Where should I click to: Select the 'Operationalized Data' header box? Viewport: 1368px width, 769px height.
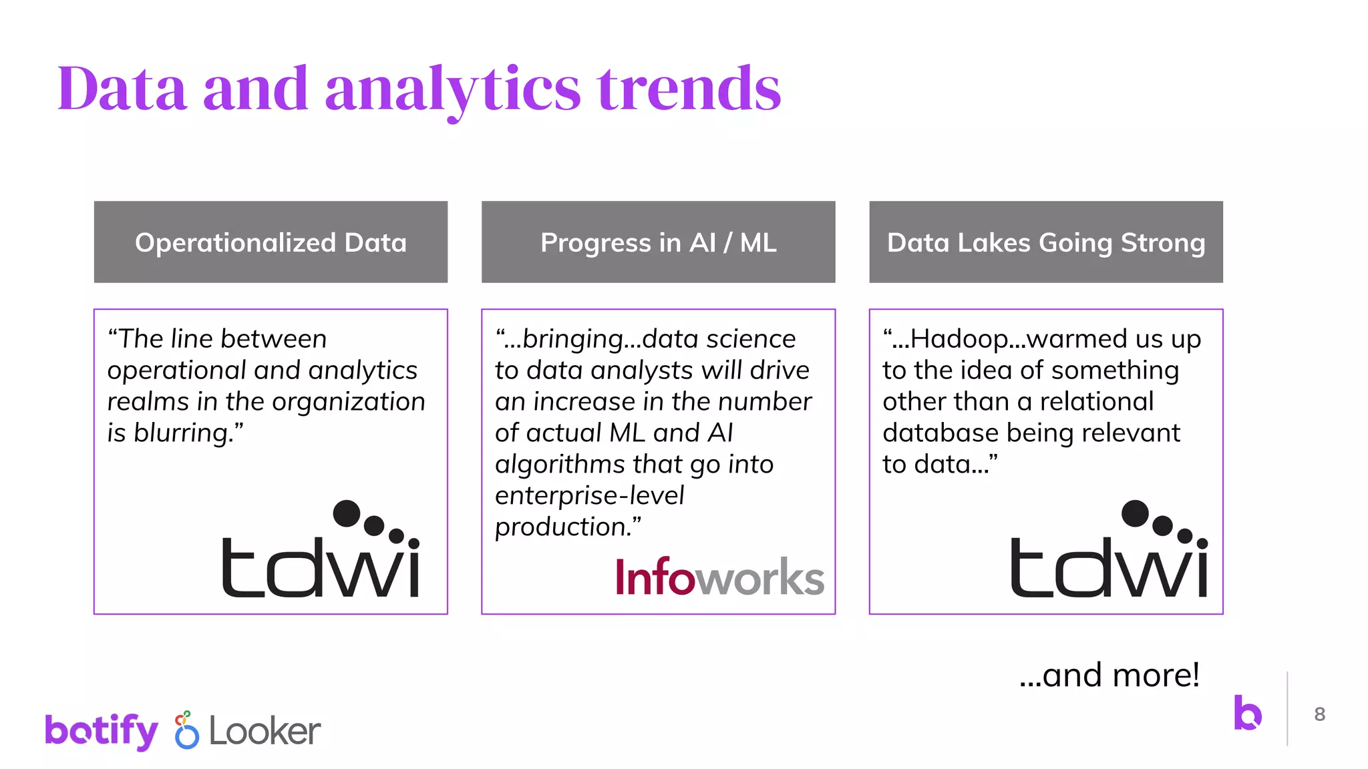271,242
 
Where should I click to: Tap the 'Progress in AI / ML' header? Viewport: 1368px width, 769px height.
658,242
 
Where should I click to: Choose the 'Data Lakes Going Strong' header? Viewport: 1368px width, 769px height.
1045,242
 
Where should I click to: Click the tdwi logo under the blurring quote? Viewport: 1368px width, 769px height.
321,551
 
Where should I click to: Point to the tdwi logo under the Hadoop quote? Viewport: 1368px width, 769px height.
1109,551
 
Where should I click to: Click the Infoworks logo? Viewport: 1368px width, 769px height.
719,577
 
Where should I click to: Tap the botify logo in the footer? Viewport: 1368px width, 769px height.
102,730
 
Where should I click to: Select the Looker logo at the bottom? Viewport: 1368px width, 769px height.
248,730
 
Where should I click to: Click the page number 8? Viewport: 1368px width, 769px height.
1319,714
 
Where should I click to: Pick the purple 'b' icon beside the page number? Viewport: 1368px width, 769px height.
1247,713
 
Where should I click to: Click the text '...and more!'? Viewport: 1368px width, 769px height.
1109,676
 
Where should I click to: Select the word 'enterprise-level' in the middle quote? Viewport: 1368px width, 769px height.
589,495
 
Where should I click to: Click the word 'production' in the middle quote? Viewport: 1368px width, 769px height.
560,527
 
